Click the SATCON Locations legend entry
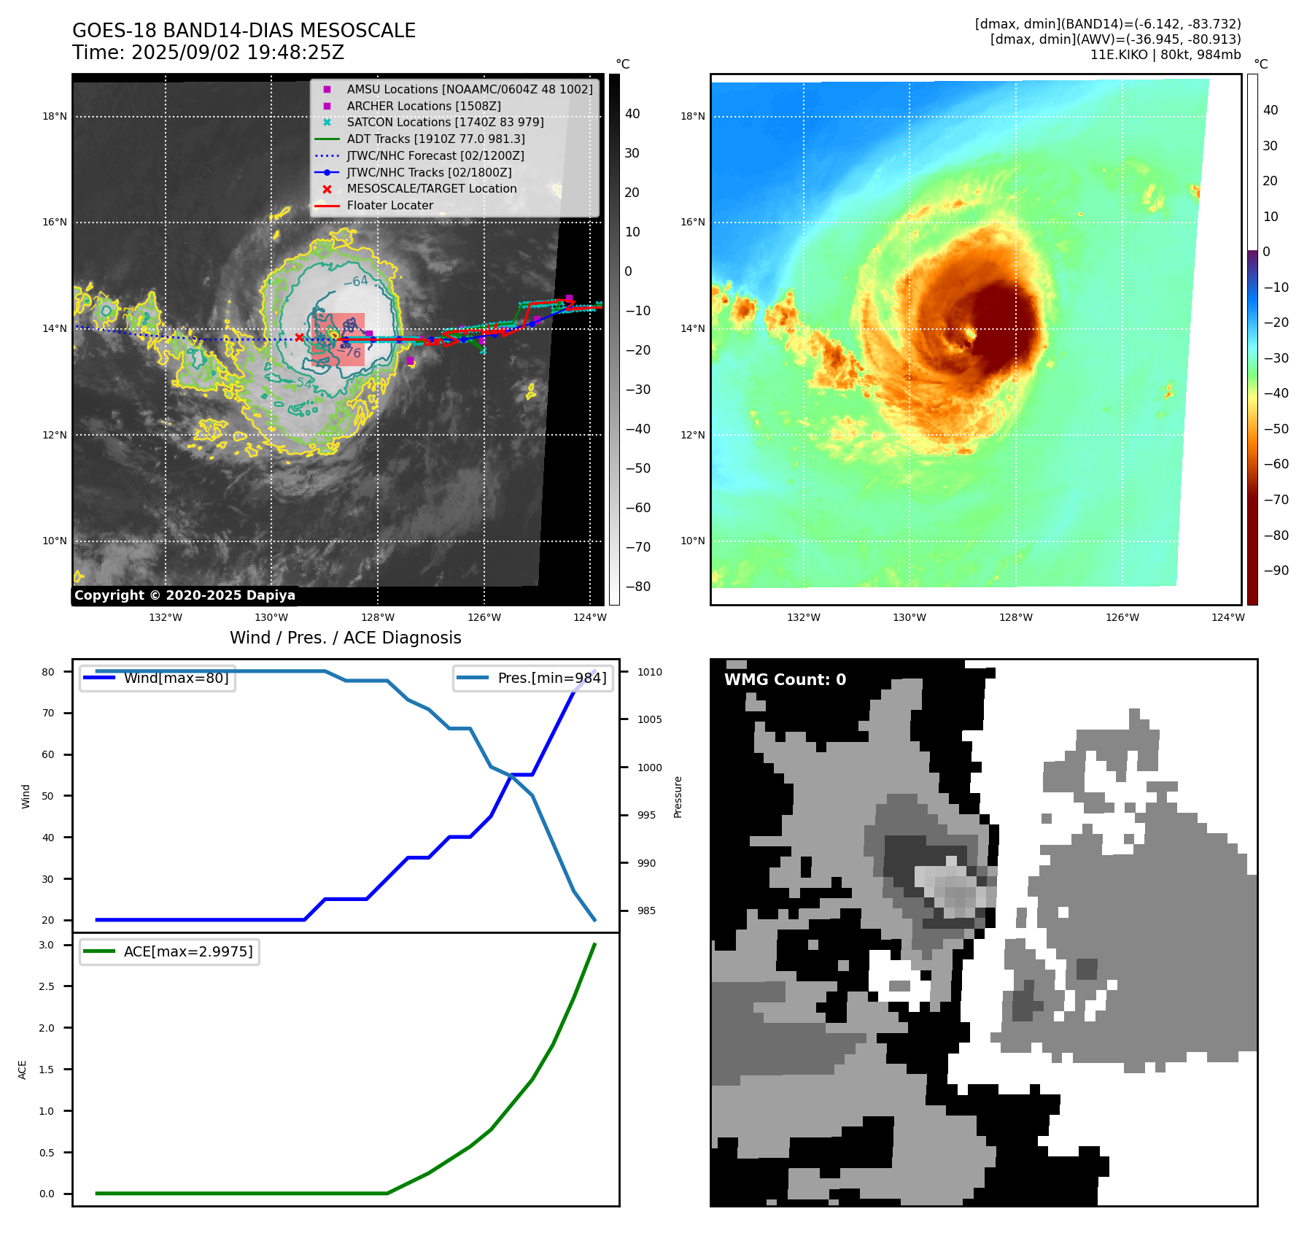[x=445, y=123]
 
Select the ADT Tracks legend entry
[x=435, y=139]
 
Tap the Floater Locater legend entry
[x=389, y=206]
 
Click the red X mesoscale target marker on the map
[x=299, y=337]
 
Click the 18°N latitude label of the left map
[x=54, y=116]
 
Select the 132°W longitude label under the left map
[x=166, y=617]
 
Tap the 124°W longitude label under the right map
[x=1228, y=617]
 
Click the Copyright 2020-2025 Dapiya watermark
[x=185, y=595]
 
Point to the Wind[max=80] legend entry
[x=176, y=678]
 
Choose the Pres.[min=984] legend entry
[x=551, y=678]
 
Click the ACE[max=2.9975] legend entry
[x=188, y=951]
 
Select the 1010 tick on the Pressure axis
[x=649, y=672]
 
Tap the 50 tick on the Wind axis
[x=48, y=796]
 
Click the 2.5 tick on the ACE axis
[x=47, y=986]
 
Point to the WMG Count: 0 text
[x=785, y=680]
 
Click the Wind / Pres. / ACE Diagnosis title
[x=345, y=638]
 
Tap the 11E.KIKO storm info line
[x=1165, y=55]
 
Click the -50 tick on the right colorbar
[x=1276, y=428]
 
